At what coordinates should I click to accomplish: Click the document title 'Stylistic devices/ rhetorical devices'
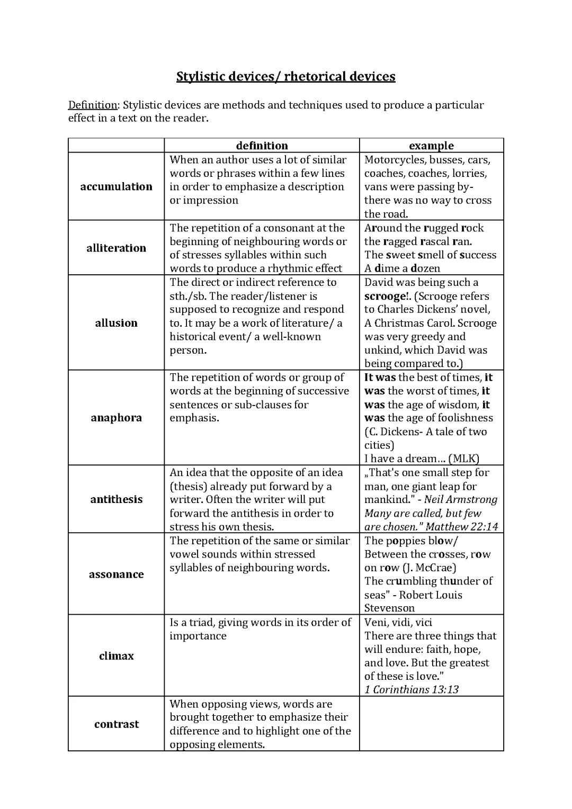coord(285,76)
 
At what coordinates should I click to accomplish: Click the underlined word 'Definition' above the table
coord(92,105)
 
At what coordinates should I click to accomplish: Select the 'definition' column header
coord(262,146)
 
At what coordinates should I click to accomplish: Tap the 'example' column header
coord(431,146)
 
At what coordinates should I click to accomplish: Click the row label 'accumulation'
coord(116,186)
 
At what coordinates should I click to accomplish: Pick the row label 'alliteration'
coord(116,248)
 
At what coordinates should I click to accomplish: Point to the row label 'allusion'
coord(116,323)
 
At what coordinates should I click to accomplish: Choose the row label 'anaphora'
coord(116,418)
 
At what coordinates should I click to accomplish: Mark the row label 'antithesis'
coord(116,499)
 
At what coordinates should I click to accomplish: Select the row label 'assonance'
coord(116,574)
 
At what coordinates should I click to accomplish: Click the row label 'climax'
coord(116,656)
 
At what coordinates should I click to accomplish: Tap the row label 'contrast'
coord(116,724)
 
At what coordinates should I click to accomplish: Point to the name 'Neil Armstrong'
coord(460,500)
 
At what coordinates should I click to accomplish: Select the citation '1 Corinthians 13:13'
coord(411,689)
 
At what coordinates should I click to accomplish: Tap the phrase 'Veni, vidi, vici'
coord(398,622)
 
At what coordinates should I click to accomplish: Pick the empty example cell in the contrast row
coord(431,724)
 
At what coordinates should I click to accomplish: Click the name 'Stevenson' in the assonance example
coord(389,608)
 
